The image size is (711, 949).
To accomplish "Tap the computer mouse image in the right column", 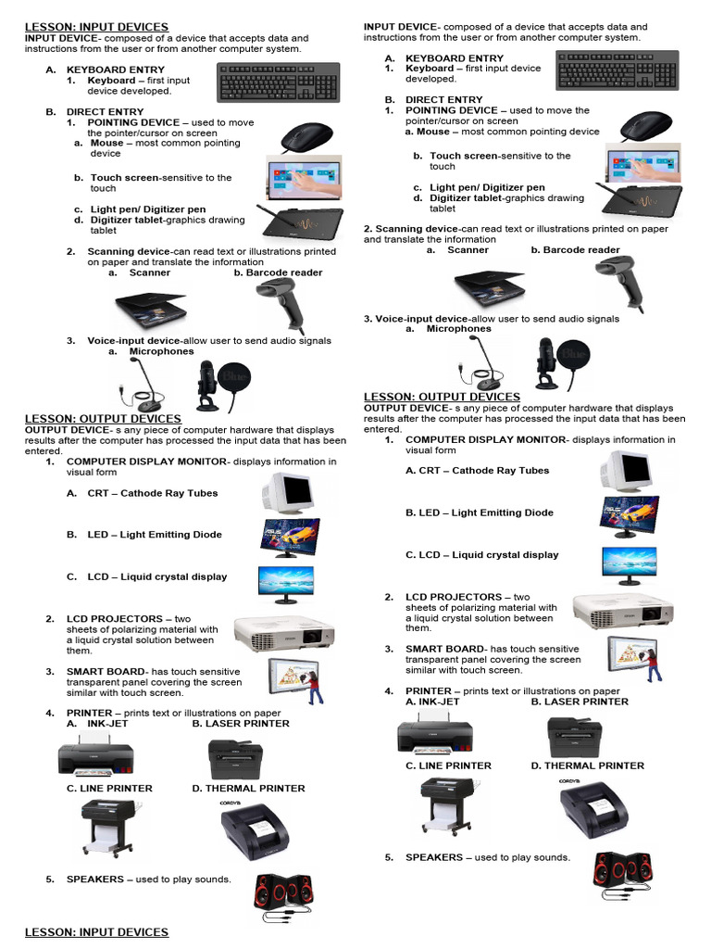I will [x=644, y=126].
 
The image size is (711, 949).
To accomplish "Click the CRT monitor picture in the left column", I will [x=288, y=490].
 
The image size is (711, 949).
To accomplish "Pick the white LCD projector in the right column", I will [x=622, y=611].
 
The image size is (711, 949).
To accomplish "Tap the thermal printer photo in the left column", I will [x=255, y=827].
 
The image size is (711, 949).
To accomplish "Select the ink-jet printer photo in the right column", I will [x=435, y=736].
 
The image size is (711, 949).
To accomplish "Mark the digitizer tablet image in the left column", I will [x=302, y=223].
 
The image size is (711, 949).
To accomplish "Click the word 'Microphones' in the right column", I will [x=458, y=329].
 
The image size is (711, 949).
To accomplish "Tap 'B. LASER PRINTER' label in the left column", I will [x=241, y=724].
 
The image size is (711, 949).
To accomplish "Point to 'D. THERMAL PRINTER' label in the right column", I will [x=587, y=766].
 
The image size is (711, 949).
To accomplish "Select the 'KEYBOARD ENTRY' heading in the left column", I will [x=116, y=70].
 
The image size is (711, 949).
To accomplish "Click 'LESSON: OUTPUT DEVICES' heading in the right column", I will [x=442, y=397].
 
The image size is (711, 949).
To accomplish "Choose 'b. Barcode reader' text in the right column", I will [x=575, y=250].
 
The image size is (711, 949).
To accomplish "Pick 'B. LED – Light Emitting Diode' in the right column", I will [x=480, y=512].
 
